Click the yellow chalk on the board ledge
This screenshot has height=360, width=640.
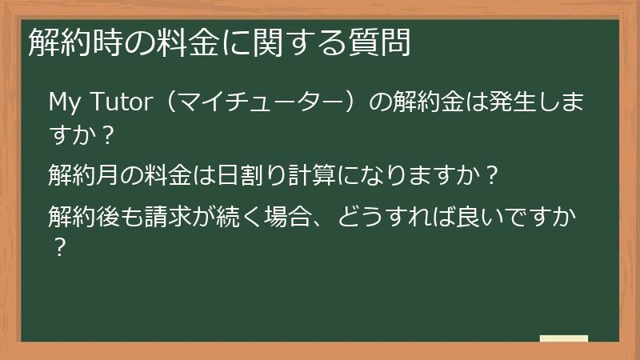click(563, 338)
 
